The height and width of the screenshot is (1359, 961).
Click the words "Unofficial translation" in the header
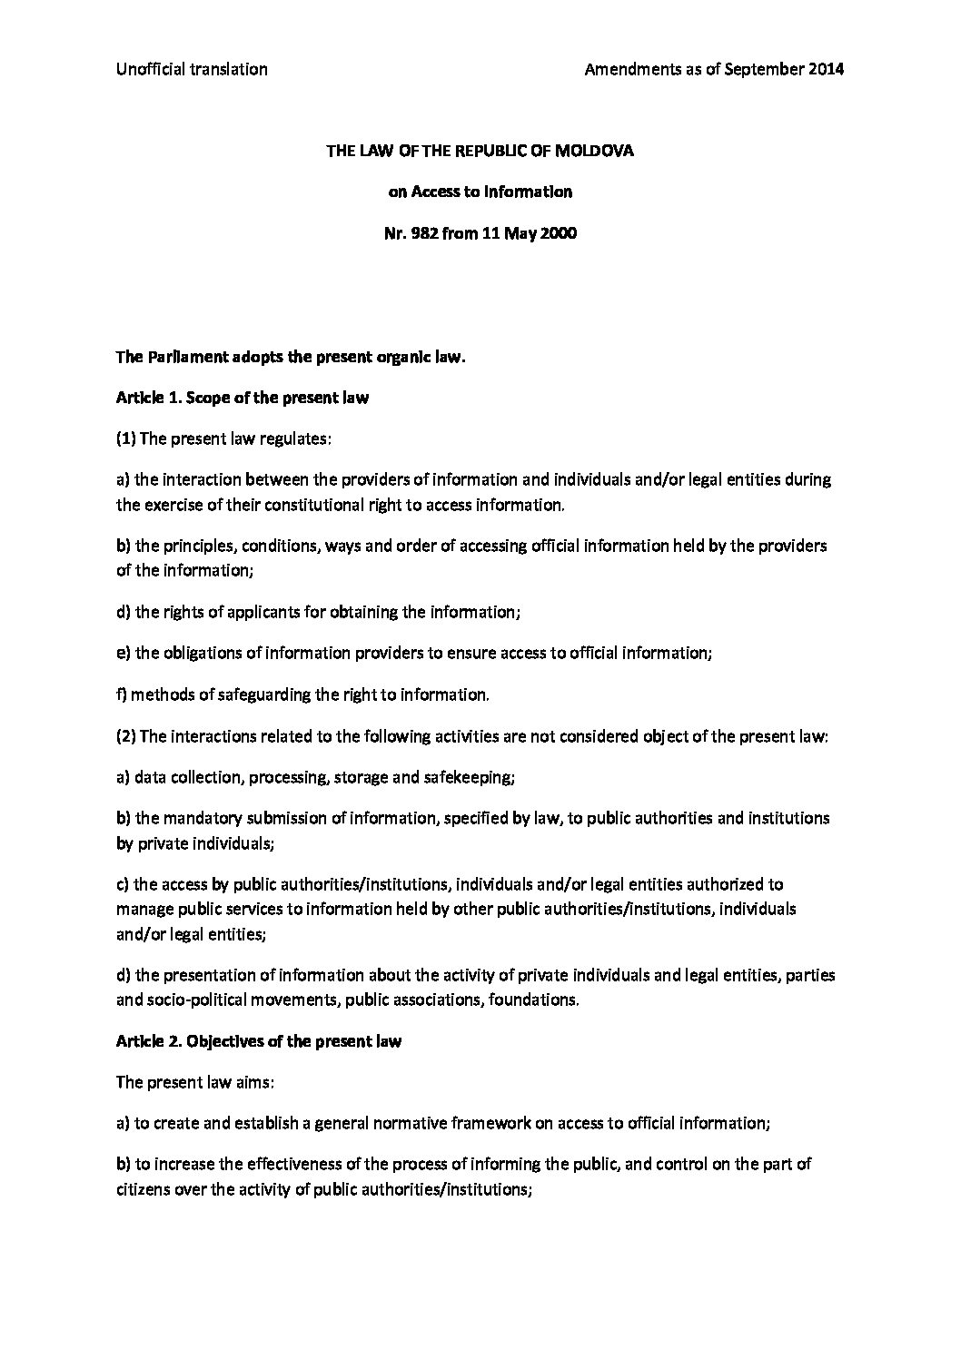192,69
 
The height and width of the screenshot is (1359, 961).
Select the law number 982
423,233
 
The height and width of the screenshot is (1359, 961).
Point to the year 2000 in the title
559,233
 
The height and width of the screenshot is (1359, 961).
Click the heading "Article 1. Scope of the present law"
243,398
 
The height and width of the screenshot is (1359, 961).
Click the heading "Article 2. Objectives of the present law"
259,1041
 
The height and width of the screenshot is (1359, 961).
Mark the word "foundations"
533,1000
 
